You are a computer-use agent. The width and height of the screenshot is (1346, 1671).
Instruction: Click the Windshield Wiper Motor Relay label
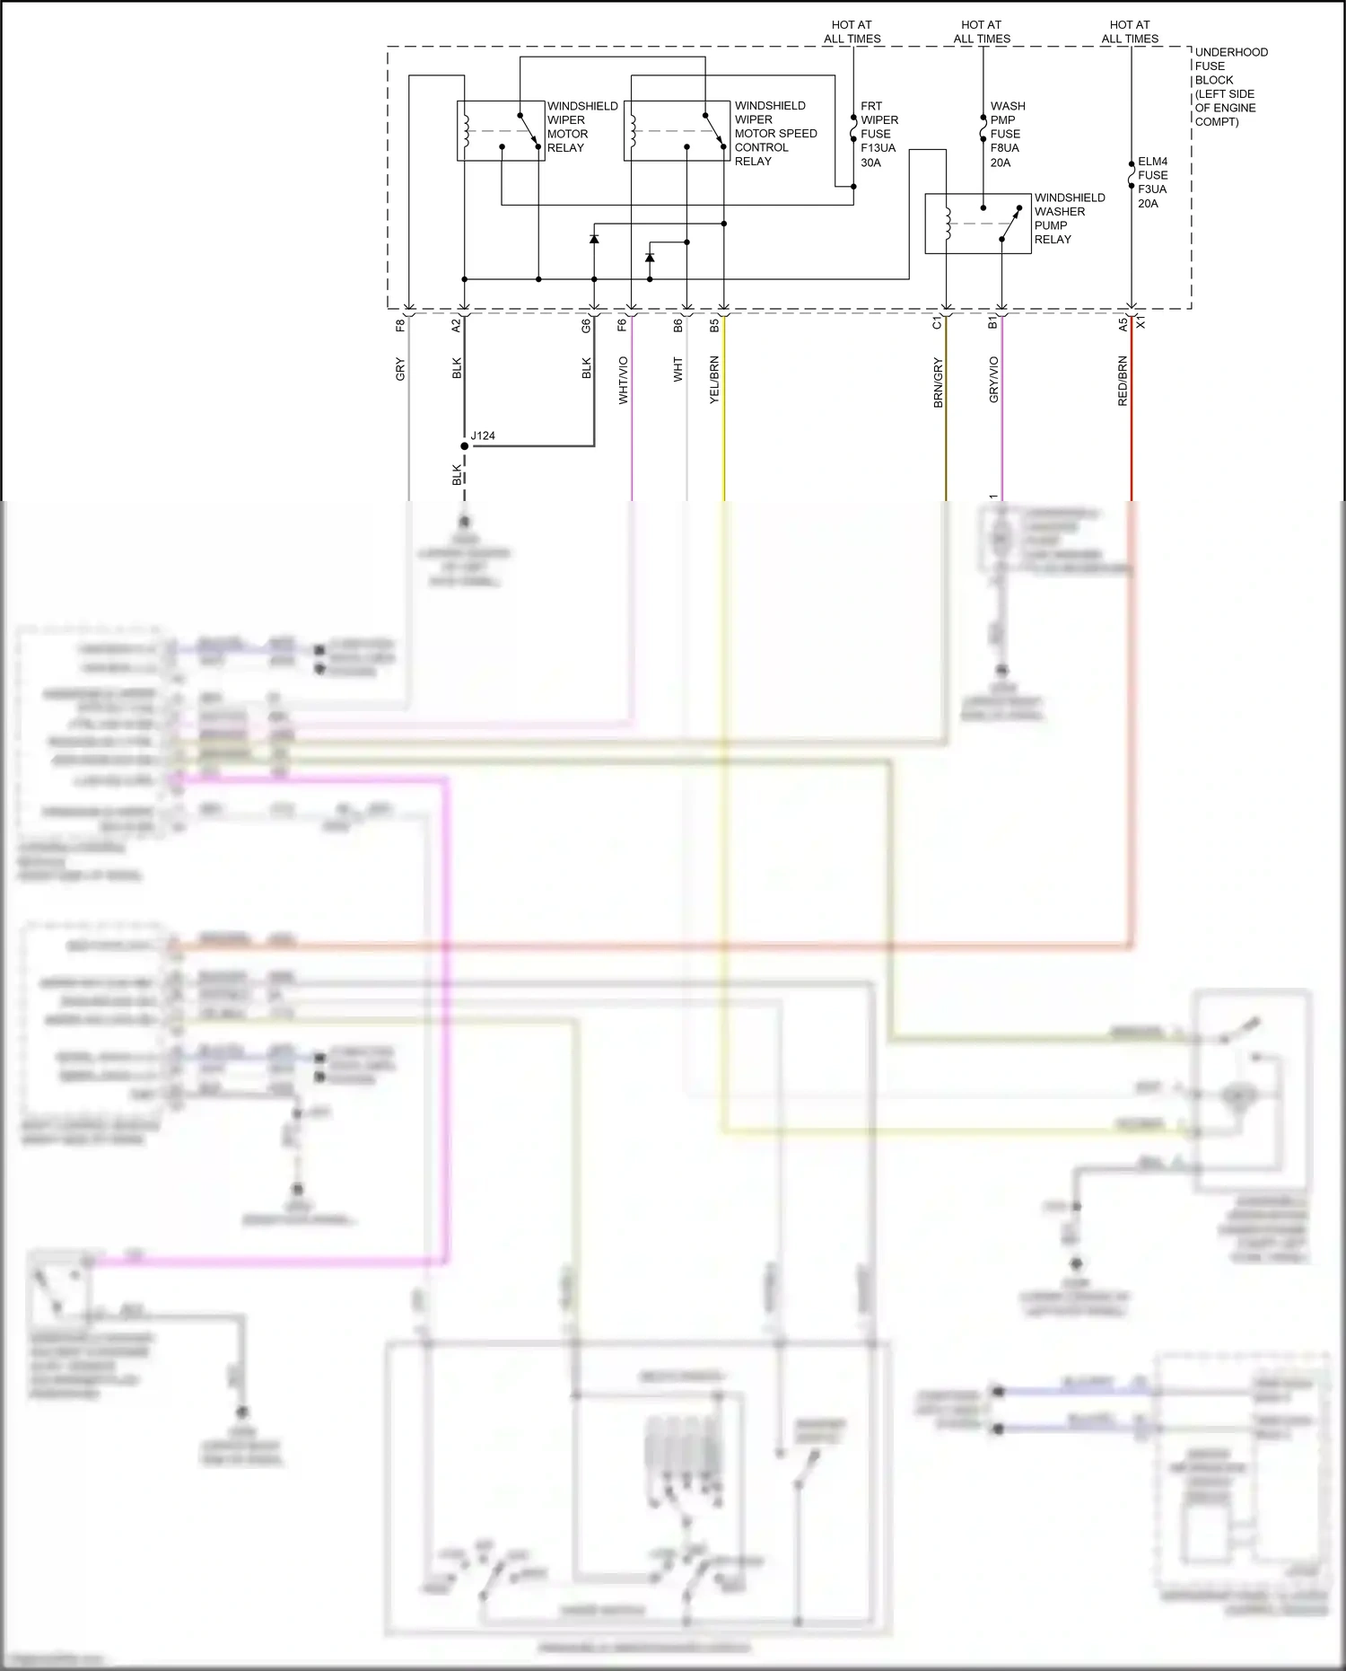[581, 127]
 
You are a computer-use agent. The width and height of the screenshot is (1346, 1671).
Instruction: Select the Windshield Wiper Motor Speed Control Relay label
[775, 133]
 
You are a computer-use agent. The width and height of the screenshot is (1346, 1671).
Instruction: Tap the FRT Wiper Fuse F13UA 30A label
[878, 134]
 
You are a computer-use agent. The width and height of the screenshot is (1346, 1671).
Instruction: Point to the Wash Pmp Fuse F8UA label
[1007, 134]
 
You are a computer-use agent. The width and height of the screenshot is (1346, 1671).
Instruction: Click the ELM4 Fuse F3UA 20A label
[1152, 182]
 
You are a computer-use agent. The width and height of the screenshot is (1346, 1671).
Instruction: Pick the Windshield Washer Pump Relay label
[1069, 218]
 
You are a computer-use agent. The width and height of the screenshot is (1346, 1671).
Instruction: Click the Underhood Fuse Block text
[1230, 86]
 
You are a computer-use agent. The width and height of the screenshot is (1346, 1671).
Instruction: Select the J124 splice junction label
[483, 435]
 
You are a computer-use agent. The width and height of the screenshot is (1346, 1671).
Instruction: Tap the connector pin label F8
[400, 325]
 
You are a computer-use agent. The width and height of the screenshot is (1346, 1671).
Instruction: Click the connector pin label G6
[586, 325]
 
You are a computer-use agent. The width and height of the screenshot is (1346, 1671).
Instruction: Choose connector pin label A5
[1123, 324]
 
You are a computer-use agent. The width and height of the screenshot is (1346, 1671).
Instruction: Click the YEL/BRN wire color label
[714, 380]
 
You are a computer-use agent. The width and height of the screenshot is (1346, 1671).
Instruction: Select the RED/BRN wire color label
[1123, 381]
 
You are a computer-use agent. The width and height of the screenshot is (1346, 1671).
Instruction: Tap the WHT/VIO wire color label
[623, 380]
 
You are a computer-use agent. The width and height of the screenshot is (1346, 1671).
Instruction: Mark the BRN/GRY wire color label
[938, 383]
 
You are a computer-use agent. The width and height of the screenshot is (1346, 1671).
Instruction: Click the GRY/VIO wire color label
[993, 379]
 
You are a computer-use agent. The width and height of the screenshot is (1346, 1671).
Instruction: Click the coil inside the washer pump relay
[947, 224]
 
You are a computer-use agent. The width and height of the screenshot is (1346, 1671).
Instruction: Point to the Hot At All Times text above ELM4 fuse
[1130, 31]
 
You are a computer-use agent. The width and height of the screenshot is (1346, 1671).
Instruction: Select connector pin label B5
[714, 325]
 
